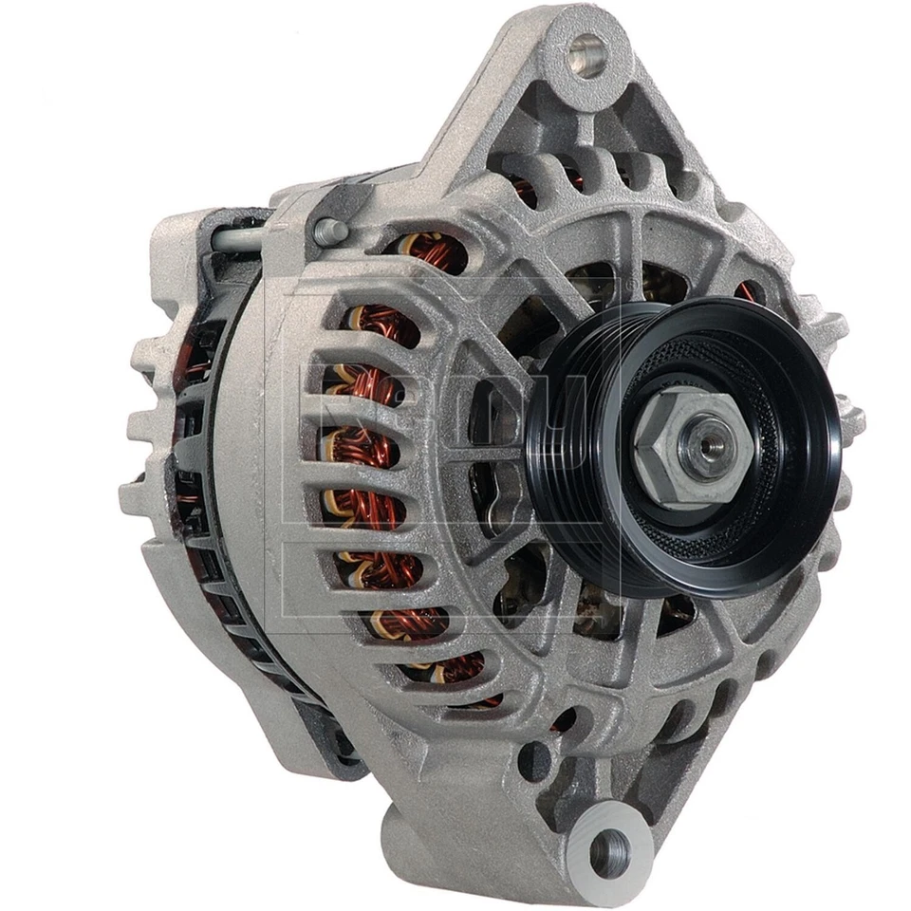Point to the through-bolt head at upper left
328,229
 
